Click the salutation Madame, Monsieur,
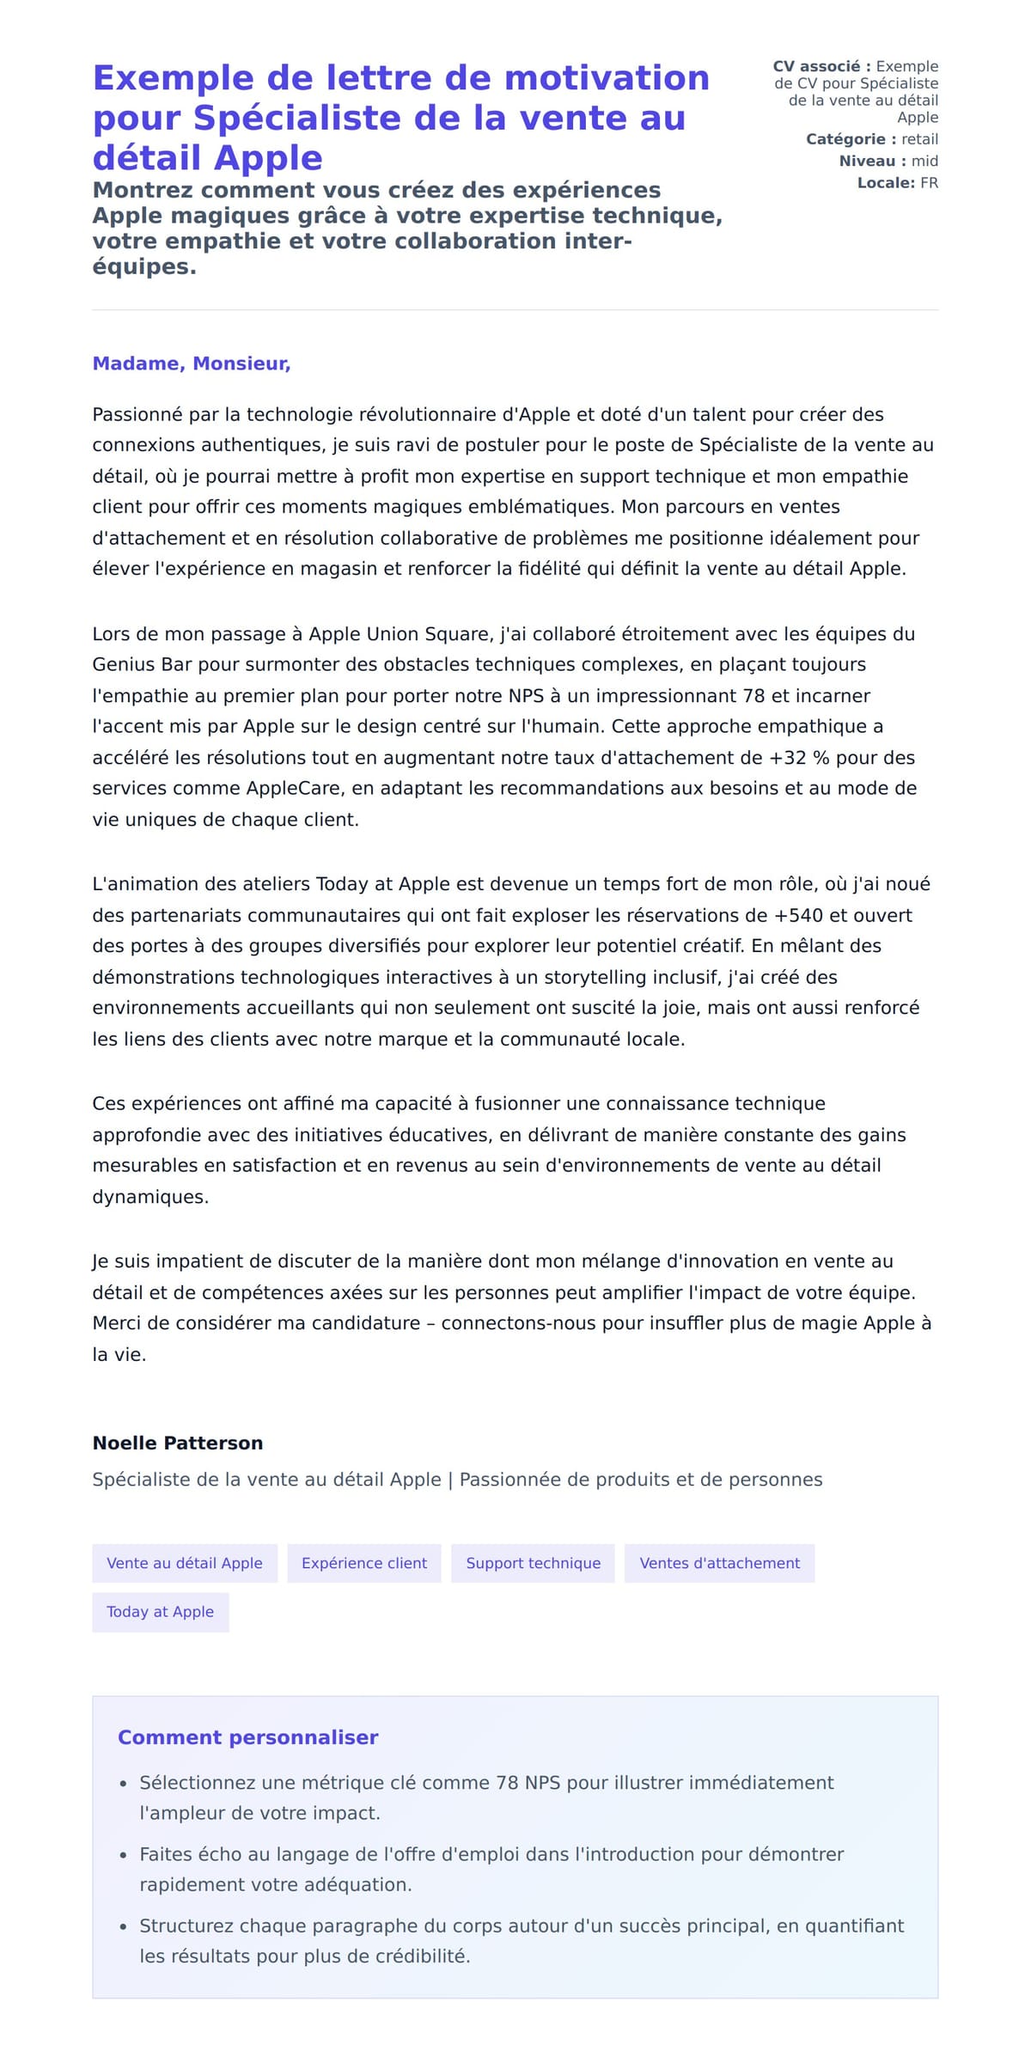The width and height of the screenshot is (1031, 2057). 192,363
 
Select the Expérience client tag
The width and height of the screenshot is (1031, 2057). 364,1563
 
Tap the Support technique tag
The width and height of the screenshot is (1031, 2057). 533,1563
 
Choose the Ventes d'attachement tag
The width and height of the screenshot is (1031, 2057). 719,1563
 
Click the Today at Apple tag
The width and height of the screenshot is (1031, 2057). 160,1612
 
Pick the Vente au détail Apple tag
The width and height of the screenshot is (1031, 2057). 185,1563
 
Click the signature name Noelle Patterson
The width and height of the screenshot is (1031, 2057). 178,1443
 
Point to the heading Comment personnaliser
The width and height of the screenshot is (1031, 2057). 247,1737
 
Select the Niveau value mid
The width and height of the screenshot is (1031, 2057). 924,161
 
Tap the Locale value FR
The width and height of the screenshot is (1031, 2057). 929,183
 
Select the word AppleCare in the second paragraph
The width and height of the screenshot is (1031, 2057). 296,788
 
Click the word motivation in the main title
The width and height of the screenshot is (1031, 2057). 607,78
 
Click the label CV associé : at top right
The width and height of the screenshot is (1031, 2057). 821,66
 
